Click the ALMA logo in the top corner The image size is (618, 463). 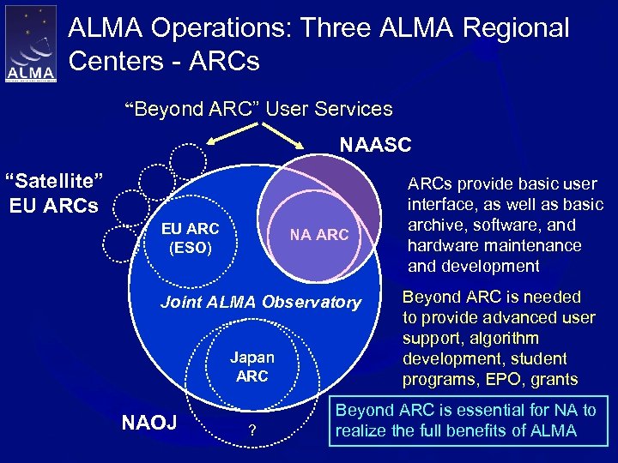pyautogui.click(x=31, y=44)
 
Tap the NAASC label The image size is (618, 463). pyautogui.click(x=375, y=145)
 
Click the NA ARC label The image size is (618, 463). pyautogui.click(x=319, y=234)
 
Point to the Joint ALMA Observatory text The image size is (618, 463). pyautogui.click(x=261, y=302)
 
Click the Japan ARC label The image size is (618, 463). pyautogui.click(x=252, y=367)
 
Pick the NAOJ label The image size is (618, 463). pyautogui.click(x=149, y=421)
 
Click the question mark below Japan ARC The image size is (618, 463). pyautogui.click(x=251, y=430)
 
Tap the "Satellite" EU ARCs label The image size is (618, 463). pyautogui.click(x=54, y=193)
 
